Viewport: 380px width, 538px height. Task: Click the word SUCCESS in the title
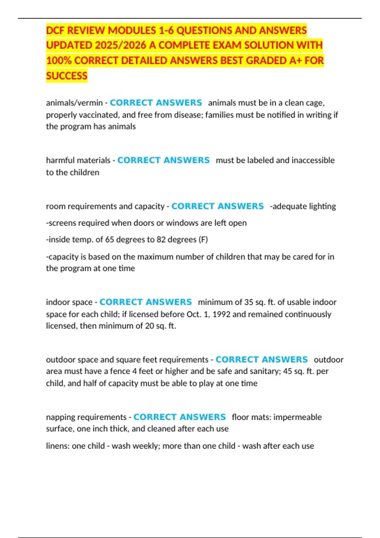click(x=66, y=76)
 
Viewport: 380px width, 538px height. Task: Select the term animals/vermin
click(x=74, y=103)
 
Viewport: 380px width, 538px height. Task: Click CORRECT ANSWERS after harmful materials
click(x=163, y=160)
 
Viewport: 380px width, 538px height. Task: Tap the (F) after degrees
click(x=203, y=240)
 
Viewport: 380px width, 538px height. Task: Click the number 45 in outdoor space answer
click(x=288, y=371)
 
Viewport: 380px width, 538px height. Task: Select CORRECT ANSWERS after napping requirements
click(x=180, y=417)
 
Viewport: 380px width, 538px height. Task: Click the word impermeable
click(x=297, y=417)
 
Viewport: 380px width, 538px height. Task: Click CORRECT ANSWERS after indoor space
click(x=146, y=302)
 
